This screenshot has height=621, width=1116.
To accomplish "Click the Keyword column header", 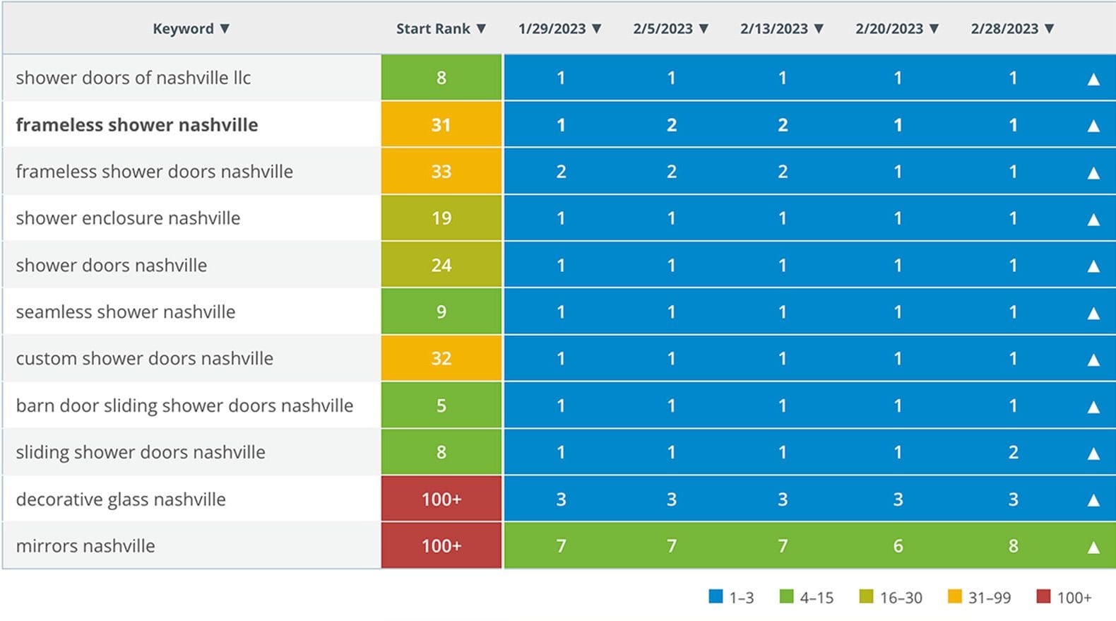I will coord(183,29).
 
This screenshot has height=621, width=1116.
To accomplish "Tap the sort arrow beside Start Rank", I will coord(481,29).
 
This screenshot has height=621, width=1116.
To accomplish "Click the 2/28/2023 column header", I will coord(1004,29).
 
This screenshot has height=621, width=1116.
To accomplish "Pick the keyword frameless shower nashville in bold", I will coord(137,125).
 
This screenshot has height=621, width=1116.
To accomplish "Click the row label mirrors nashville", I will coord(85,546).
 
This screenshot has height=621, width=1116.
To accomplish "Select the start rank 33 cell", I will coord(441,172).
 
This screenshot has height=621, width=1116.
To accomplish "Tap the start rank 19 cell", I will coord(441,218).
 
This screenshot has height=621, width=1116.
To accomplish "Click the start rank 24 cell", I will coord(441,266).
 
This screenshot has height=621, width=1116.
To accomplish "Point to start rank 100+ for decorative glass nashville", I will coord(441,499).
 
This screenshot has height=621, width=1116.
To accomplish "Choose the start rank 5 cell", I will coord(441,406).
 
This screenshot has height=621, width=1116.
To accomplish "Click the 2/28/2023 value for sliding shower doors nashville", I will coord(1013,452).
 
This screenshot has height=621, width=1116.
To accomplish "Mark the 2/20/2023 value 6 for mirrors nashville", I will coord(898,546).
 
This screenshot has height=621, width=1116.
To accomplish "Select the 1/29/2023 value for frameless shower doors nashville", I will coord(561,172).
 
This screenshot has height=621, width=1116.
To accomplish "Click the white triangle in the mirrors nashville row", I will coord(1093,547).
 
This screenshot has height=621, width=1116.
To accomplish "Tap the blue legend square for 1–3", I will coord(716,597).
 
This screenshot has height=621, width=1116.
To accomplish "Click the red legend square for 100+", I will coord(1043,597).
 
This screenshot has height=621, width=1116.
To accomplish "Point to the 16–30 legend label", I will coord(901,598).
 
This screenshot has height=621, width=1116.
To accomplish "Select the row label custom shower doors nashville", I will coord(145,359).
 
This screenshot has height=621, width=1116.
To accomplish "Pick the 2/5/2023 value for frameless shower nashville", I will coord(672,125).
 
